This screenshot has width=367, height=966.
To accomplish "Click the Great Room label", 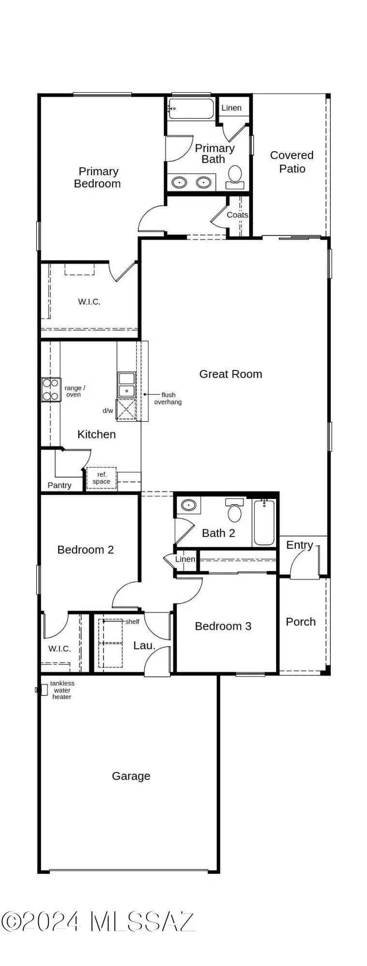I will coord(231,374).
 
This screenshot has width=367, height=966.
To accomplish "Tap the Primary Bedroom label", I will coord(97,177).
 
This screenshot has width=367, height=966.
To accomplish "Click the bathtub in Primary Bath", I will coord(191,109).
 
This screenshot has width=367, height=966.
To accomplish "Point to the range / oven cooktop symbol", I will coord(51,389).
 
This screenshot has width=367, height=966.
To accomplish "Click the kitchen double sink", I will coord(127,384).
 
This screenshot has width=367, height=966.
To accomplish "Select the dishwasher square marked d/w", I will coord(126,410).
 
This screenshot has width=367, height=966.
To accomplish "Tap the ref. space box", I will coord(102,478).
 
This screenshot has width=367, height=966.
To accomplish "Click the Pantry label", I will coord(59,485).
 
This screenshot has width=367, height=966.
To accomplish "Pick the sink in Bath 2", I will coord(188,506).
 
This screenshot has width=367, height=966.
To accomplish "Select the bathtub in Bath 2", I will coord(264,523).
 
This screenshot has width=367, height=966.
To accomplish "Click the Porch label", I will coord(301,622).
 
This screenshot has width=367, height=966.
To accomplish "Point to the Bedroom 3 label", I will coord(223,626).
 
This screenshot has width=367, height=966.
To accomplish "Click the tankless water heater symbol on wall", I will coord(38,690).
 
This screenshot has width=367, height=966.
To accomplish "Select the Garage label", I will coord(131,776).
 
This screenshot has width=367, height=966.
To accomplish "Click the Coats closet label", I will coord(237,215).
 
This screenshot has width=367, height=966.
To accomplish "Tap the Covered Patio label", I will coord(292,162).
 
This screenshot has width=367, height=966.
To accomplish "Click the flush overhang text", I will coord(168,398).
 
